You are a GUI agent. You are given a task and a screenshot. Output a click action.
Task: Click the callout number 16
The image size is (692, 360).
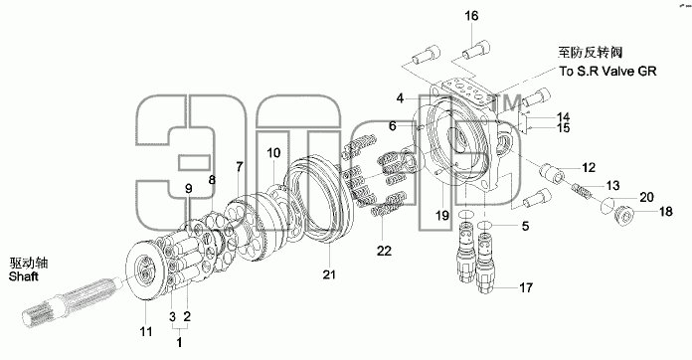(x=471, y=16)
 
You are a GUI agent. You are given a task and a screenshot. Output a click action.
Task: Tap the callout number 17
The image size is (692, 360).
(x=526, y=288)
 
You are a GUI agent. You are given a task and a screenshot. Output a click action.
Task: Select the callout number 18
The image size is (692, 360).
(x=665, y=212)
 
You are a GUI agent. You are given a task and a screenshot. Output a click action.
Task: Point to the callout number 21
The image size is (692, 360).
(x=329, y=274)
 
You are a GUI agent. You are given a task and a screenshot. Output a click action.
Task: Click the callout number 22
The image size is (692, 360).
(x=384, y=251)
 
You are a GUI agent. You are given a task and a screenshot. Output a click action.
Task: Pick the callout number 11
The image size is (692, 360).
(x=146, y=331)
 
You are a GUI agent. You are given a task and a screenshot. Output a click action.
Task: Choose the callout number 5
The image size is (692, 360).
(x=525, y=227)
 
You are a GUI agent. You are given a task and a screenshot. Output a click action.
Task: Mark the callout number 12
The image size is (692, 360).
(x=589, y=168)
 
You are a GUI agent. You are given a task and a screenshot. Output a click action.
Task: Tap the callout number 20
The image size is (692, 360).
(x=646, y=197)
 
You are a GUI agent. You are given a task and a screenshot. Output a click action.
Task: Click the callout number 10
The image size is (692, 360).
(x=273, y=153)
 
